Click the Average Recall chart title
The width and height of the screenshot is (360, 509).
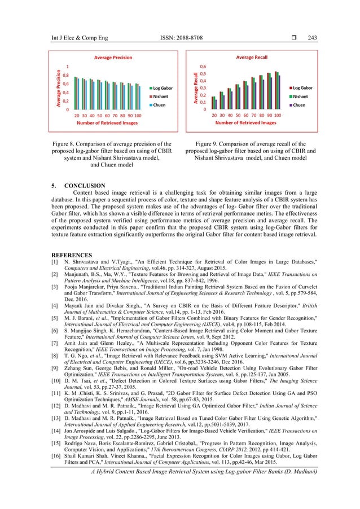click(252, 57)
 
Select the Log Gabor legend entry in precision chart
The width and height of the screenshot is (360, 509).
click(162, 89)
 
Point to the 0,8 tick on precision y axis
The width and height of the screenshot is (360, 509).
click(65, 75)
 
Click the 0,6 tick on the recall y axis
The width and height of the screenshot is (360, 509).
click(201, 66)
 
